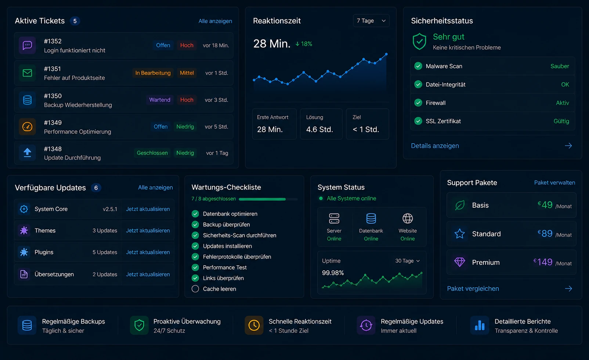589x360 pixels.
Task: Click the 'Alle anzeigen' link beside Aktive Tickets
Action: point(215,21)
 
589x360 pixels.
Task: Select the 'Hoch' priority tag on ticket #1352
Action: point(187,45)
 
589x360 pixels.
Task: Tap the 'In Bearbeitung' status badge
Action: point(153,73)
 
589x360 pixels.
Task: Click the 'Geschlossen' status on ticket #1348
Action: point(152,153)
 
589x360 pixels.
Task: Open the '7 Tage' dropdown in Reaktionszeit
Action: point(371,21)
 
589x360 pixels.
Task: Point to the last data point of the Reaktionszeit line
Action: point(386,54)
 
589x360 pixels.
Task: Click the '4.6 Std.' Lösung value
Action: point(319,129)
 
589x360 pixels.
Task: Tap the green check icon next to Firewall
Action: point(418,102)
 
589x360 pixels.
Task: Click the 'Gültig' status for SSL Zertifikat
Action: point(561,121)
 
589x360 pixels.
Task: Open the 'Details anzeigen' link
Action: point(435,146)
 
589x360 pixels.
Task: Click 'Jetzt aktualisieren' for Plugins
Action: point(148,252)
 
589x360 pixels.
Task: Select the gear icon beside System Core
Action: point(24,209)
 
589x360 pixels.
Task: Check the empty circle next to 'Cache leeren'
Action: point(195,289)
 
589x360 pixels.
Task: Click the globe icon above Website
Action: point(408,218)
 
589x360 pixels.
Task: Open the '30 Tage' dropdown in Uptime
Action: point(407,260)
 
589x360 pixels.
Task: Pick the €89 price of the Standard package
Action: point(545,234)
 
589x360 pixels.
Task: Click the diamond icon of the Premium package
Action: point(460,262)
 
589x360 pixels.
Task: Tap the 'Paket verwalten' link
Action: point(554,183)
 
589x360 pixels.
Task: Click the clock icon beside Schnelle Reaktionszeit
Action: point(254,325)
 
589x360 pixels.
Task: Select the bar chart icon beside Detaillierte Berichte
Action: point(480,325)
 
